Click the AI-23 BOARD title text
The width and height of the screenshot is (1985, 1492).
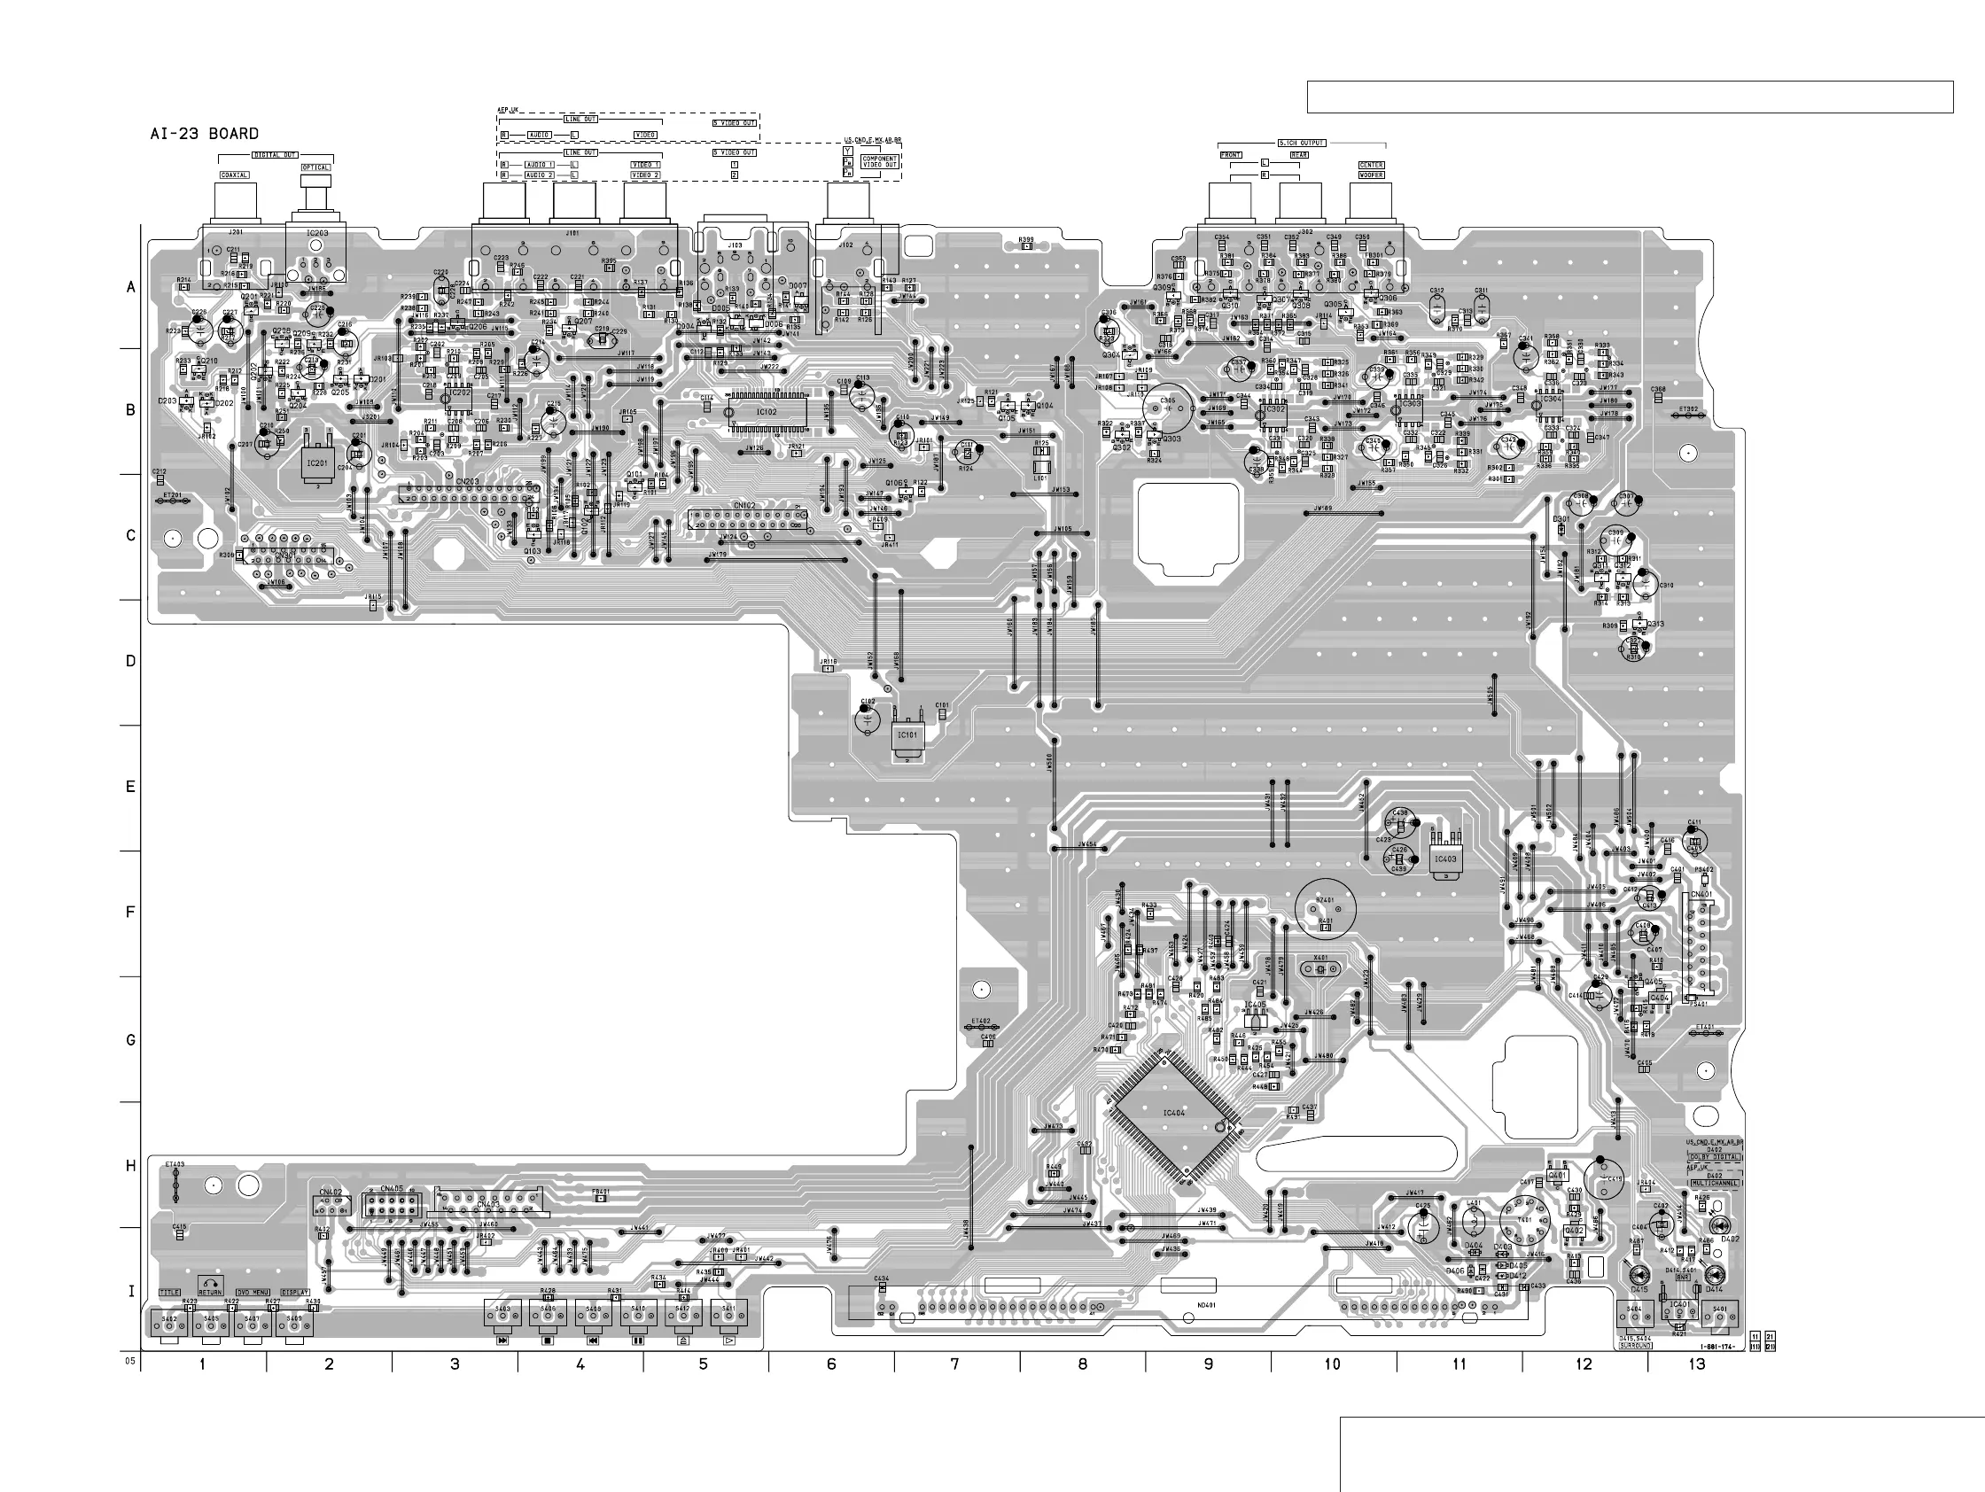tap(205, 134)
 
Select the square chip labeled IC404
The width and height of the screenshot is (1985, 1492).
tap(1174, 1114)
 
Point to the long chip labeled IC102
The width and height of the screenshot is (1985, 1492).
tap(766, 412)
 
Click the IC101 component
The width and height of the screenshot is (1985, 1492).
tap(907, 734)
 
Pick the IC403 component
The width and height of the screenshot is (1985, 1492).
tap(1444, 859)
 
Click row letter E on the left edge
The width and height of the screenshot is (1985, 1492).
tap(131, 788)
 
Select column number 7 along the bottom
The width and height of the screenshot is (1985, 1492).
tap(954, 1364)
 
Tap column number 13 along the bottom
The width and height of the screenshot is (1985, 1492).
tap(1696, 1364)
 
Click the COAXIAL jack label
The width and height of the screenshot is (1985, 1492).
tap(235, 175)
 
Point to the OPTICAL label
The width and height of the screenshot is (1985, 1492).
tap(315, 167)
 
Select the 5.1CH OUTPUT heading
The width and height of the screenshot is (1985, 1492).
tap(1301, 144)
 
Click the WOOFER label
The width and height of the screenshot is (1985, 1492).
tap(1371, 175)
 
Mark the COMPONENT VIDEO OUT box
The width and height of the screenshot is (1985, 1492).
tap(879, 162)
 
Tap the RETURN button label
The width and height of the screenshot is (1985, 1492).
tap(210, 1292)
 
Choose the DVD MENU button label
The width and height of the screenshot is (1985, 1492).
tap(253, 1292)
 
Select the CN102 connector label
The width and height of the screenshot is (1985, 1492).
tap(743, 506)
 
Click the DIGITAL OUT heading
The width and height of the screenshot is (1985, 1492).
tap(275, 154)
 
